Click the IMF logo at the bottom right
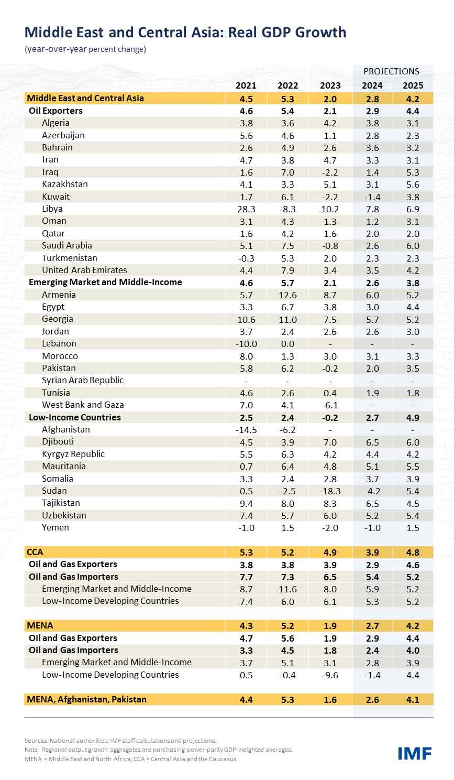click(x=414, y=753)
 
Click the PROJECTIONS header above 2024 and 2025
click(x=391, y=71)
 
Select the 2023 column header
click(x=330, y=85)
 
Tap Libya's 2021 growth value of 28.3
click(x=246, y=209)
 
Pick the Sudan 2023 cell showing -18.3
click(x=330, y=491)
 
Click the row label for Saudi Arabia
click(x=67, y=245)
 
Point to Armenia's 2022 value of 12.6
click(x=287, y=295)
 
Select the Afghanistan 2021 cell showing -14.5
click(x=246, y=430)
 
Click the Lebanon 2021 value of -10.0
click(x=246, y=344)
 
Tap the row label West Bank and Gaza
click(x=83, y=405)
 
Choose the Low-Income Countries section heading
click(x=75, y=417)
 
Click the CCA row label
click(x=35, y=552)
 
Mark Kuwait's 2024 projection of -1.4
click(x=372, y=197)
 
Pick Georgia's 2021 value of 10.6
click(x=246, y=319)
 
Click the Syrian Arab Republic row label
click(x=83, y=380)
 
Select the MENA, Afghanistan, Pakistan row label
click(x=87, y=699)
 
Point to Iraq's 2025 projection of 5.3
click(x=413, y=172)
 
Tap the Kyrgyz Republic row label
click(x=73, y=454)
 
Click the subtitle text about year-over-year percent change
click(x=85, y=49)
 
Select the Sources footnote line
click(x=120, y=741)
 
